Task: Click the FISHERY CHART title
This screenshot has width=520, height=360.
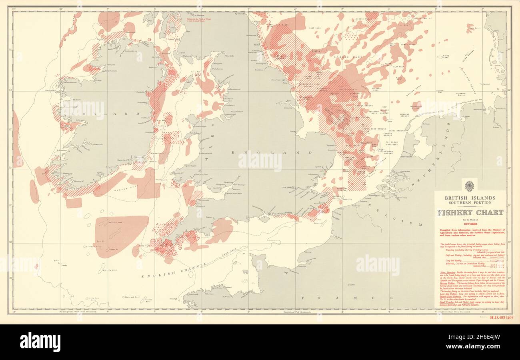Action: tap(470, 213)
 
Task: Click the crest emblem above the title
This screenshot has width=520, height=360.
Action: tap(469, 186)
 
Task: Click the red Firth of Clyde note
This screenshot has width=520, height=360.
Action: tap(199, 20)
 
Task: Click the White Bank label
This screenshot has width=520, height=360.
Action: tap(446, 56)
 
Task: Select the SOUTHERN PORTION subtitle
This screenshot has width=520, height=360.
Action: tap(470, 203)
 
